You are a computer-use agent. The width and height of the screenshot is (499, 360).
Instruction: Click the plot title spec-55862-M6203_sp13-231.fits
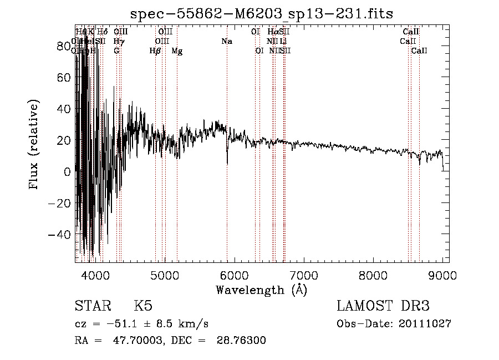pos(262,13)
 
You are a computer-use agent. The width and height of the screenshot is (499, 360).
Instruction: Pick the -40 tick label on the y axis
pos(62,235)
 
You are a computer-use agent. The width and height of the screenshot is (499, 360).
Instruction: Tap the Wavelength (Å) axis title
pos(261,290)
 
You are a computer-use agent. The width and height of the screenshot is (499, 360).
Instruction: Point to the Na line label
pos(226,41)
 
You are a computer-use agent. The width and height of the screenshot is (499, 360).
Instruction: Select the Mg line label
pos(177,51)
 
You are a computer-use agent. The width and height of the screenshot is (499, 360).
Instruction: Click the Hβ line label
pos(155,51)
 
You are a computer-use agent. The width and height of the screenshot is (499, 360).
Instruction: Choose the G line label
pos(116,51)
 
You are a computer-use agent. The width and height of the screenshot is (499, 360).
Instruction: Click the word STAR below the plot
pos(92,306)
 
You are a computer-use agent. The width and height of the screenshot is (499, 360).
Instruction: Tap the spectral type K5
pos(143,306)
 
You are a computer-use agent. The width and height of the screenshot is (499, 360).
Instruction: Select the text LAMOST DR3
pos(383,306)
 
